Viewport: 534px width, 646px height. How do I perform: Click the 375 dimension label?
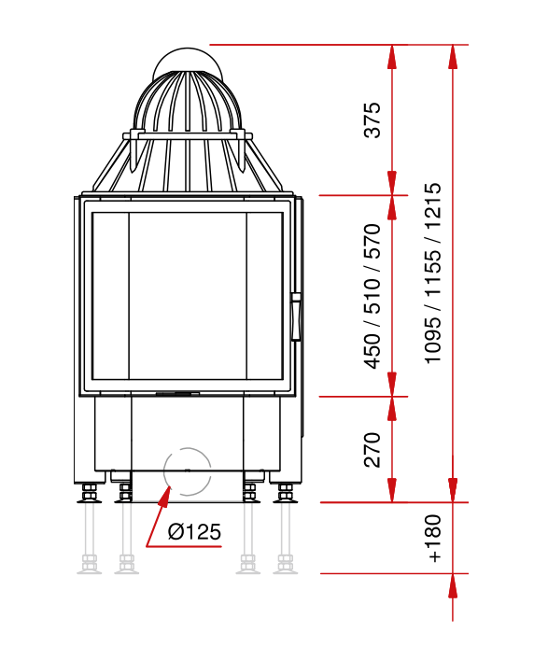[x=372, y=119]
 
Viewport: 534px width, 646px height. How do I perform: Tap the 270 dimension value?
[x=372, y=449]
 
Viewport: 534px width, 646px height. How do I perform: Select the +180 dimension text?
[x=434, y=538]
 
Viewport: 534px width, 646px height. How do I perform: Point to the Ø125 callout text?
[x=194, y=531]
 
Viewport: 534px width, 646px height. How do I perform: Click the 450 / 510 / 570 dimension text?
[x=372, y=296]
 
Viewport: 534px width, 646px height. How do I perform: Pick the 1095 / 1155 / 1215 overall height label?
[x=433, y=274]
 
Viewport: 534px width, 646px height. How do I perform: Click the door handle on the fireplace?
[x=296, y=316]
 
